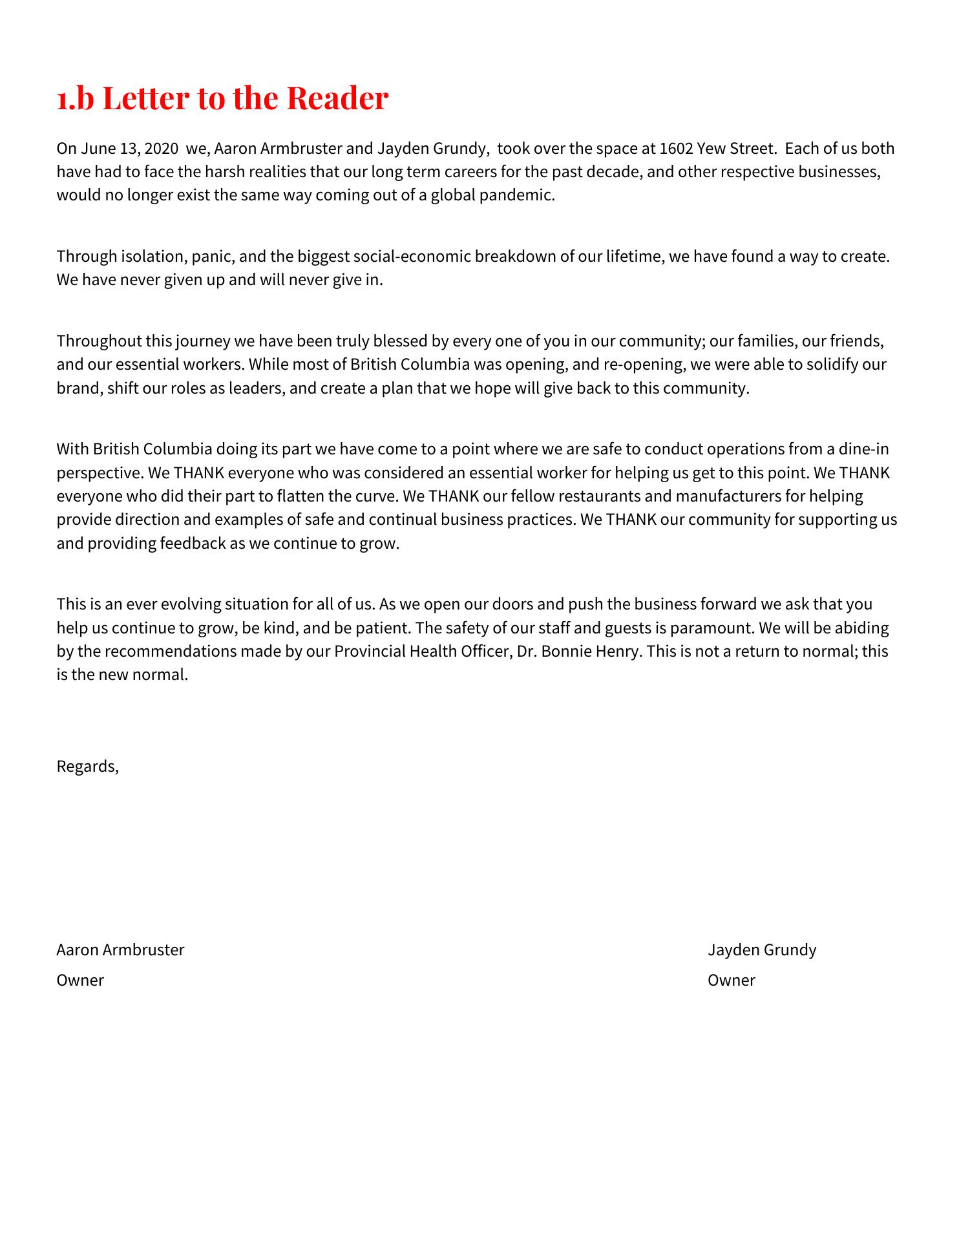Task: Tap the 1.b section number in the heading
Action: (75, 98)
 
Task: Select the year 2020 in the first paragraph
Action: (161, 149)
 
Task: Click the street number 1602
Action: (676, 149)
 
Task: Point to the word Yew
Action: (711, 149)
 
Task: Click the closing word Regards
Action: (87, 767)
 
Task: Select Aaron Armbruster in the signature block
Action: (120, 950)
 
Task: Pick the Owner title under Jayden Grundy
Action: (731, 981)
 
